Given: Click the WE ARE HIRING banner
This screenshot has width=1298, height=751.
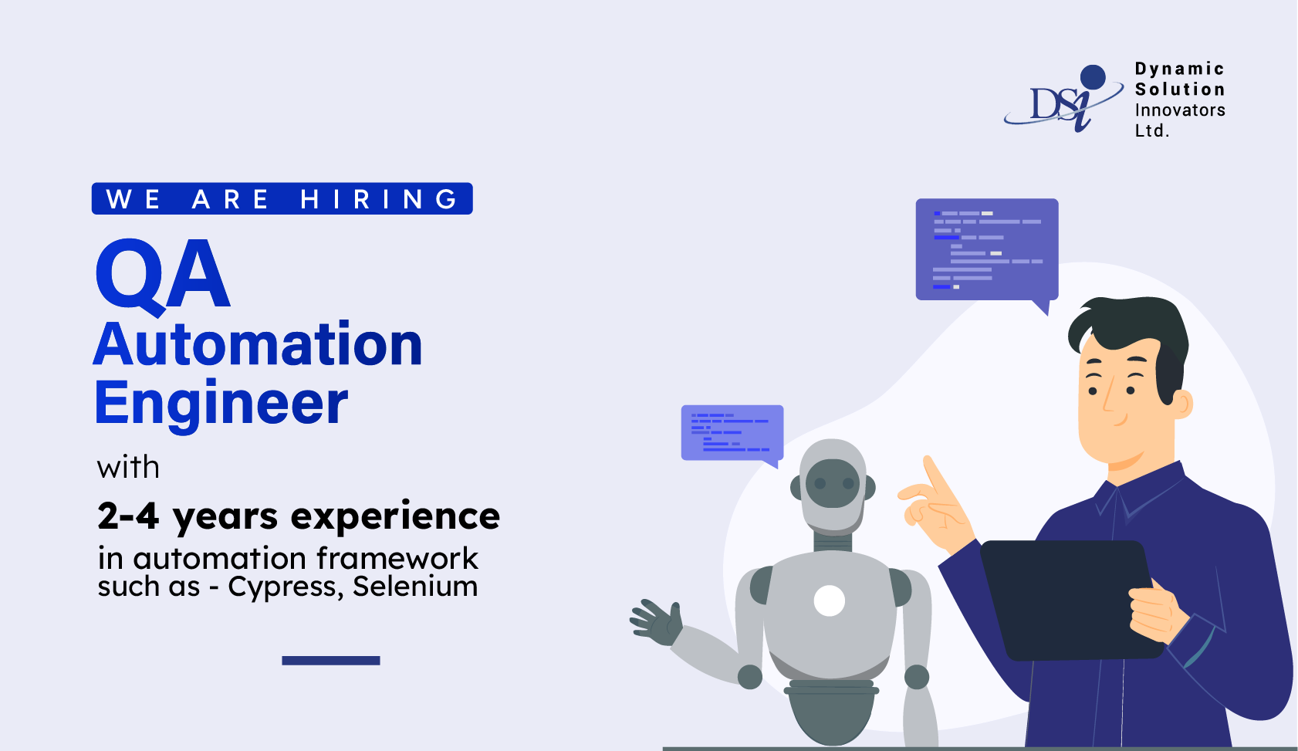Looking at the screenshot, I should pos(282,199).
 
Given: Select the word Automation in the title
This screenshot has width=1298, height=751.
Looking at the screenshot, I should pos(258,344).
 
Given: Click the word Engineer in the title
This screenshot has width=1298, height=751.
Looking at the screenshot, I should pos(221,403).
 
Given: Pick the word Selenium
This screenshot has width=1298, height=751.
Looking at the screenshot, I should pos(415,587).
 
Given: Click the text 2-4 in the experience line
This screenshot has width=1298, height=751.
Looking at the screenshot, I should pos(128,516).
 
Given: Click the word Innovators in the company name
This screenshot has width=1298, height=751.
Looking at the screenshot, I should pos(1180,110).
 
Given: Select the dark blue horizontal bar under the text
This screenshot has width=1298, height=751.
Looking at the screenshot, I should pos(331,661).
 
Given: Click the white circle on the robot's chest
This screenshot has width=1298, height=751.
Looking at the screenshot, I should pos(830,600).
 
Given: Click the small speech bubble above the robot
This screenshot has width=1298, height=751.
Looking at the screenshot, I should pos(732,433).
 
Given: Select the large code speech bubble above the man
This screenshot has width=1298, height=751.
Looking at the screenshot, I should pos(986,249).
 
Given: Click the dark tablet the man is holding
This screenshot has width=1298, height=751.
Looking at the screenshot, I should pos(1065,598).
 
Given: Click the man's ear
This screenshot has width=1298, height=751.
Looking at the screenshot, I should pos(1181,404).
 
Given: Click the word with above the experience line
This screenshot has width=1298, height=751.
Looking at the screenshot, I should pos(129,468).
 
